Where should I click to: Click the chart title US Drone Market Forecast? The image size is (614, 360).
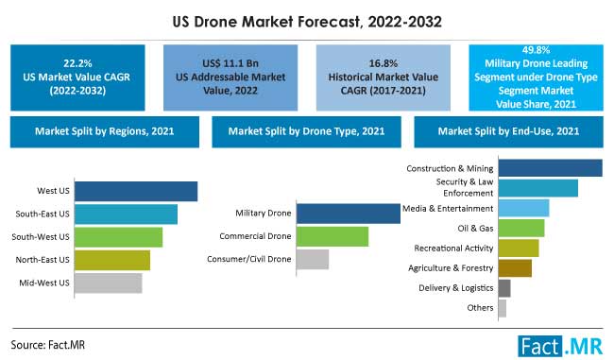point(306,18)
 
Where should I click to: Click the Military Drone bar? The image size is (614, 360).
point(348,214)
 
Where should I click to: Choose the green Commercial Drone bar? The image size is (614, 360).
point(332,236)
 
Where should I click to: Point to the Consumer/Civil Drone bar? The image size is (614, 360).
point(312,259)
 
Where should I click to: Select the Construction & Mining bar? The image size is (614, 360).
point(550,168)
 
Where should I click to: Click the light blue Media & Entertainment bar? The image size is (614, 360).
point(523,208)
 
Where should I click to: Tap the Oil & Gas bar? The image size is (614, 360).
point(520,228)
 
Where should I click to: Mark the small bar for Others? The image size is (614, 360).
point(502,308)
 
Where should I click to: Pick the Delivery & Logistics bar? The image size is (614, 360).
point(503,288)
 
